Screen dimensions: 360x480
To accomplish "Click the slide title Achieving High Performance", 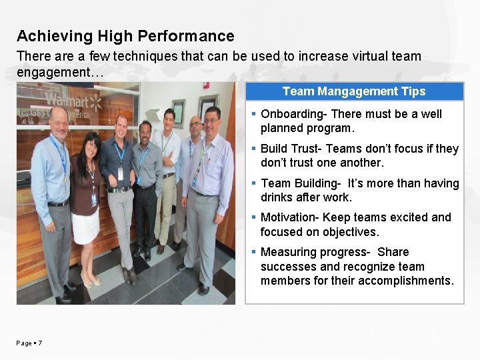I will click(125, 36).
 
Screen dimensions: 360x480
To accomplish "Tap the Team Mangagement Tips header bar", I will click(353, 91).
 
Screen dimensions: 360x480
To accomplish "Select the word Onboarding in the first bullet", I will click(291, 114).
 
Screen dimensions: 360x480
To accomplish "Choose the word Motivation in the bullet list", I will click(289, 217).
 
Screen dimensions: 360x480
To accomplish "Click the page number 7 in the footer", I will click(41, 343).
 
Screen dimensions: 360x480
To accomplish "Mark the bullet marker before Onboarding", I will click(255, 114).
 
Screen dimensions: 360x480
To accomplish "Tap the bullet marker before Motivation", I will click(255, 217).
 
